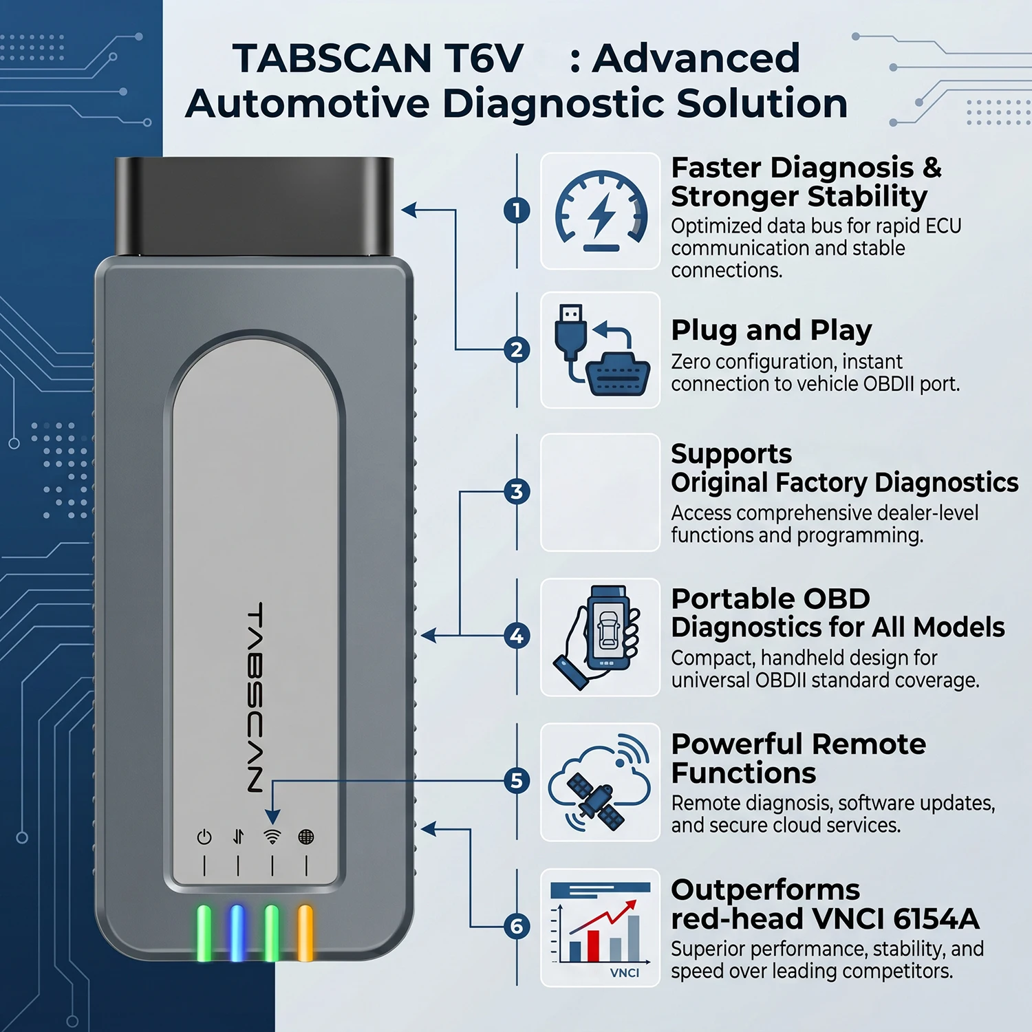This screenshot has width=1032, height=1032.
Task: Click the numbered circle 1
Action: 517,210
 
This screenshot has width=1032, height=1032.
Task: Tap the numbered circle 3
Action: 517,491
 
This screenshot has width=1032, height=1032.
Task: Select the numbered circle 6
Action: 517,926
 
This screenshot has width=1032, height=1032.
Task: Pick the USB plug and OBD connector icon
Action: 601,350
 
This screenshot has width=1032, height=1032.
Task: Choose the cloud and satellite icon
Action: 600,782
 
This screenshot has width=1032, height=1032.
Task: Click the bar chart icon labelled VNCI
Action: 600,929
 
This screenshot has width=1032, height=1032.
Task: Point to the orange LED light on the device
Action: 305,933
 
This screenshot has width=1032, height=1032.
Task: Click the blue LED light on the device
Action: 237,933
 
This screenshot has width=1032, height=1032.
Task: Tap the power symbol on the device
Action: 204,837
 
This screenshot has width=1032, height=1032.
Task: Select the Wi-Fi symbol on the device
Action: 272,837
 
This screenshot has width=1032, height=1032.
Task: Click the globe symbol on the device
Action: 306,837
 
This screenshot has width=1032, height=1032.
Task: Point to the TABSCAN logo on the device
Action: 255,698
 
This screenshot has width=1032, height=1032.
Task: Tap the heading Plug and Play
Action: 771,331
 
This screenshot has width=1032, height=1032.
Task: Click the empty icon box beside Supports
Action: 600,492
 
